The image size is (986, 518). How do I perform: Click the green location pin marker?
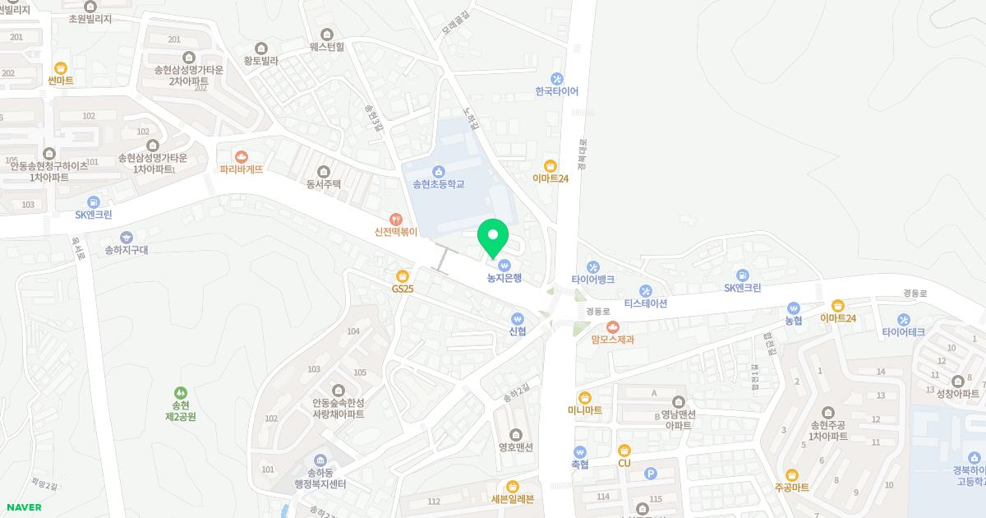493,238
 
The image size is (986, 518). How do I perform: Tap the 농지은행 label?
504,279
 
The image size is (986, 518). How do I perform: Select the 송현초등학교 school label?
438,184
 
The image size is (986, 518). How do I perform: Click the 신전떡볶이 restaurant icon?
396,220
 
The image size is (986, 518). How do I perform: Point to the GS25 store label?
403,289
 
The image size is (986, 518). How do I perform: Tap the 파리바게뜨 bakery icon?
241,156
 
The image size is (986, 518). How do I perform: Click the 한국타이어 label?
556,91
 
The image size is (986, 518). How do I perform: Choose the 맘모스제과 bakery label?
612,340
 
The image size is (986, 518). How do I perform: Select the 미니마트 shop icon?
584,398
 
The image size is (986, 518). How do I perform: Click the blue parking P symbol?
651,473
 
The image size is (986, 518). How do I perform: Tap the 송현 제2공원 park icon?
180,393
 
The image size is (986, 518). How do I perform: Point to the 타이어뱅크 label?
592,280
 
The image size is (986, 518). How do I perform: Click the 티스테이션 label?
645,303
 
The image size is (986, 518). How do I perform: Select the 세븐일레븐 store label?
512,499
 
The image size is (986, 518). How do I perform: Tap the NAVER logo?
23,507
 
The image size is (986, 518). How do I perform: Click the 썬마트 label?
60,81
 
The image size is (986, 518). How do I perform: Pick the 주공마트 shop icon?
792,475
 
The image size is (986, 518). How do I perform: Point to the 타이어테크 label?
903,332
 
